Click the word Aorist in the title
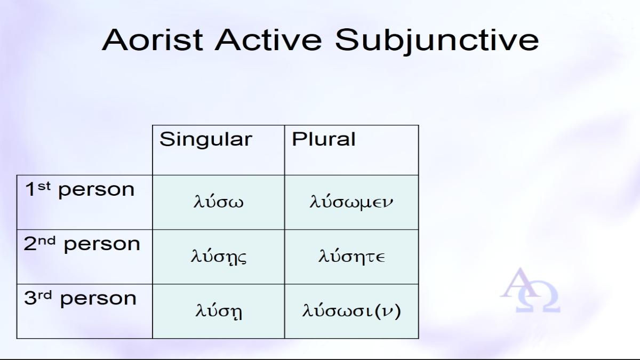coord(153,39)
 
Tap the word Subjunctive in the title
coord(437,41)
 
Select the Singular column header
coord(206,139)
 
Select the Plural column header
coord(323,139)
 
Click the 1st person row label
coord(79,190)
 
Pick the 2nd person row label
coord(82,244)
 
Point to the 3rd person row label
coord(81,298)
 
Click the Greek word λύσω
coord(219,201)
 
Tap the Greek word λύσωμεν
coord(351,202)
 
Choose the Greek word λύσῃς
coord(219,257)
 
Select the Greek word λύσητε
coord(351,255)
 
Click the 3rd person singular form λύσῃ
coord(219,311)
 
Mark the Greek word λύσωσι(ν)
coord(351,311)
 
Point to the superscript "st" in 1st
coord(44,186)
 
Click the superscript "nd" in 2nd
coord(47,241)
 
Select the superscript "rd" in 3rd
coord(45,295)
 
